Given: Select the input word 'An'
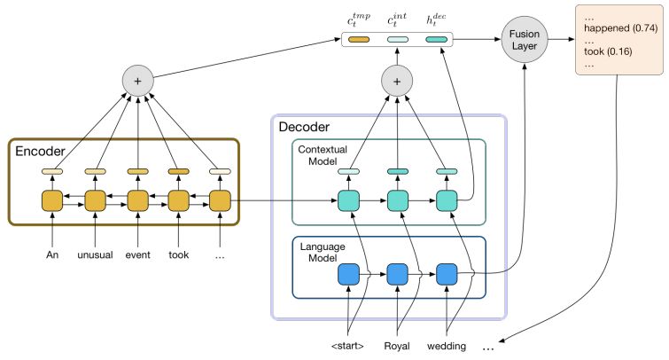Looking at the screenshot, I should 53,254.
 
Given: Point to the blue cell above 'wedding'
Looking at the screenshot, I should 446,275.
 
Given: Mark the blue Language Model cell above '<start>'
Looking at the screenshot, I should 349,275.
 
